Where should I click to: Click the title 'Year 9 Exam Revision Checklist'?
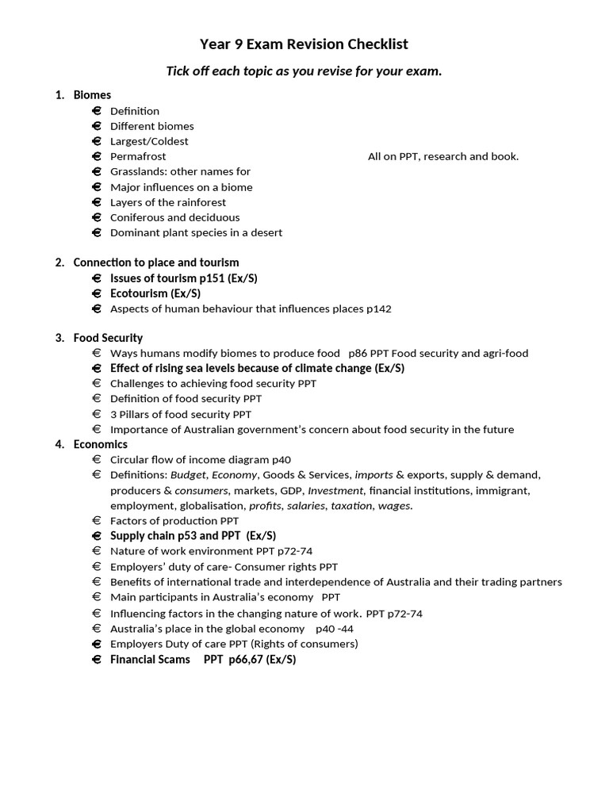coord(304,44)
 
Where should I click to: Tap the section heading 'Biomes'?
coord(92,95)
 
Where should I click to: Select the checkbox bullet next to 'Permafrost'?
coord(97,156)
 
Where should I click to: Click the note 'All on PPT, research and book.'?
coord(443,156)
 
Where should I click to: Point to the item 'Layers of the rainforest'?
coord(168,202)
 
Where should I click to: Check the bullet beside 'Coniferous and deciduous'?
coord(97,217)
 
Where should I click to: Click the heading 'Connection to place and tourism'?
coord(155,262)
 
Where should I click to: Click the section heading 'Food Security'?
coord(108,338)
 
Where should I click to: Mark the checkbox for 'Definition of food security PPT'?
coord(97,399)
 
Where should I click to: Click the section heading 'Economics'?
coord(100,444)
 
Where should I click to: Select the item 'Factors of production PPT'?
coord(174,520)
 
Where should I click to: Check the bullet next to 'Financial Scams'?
coord(97,659)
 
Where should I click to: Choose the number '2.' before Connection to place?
coord(60,262)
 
